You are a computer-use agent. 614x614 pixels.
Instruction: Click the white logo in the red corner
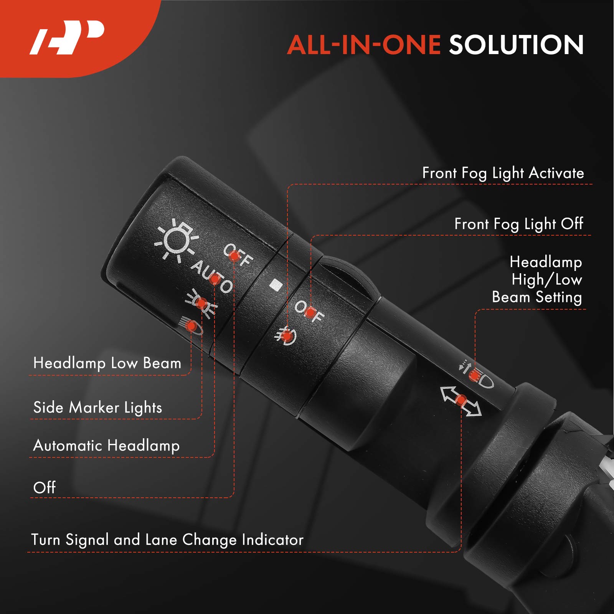click(68, 37)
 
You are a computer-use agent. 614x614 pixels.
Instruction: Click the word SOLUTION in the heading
click(517, 45)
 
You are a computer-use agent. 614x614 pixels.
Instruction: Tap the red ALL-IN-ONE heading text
click(364, 45)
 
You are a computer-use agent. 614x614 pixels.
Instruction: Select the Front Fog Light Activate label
click(503, 173)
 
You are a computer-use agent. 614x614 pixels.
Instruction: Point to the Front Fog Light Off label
click(519, 224)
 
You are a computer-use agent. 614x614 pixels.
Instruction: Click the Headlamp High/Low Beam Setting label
click(537, 280)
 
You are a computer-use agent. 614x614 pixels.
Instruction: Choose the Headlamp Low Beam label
click(107, 363)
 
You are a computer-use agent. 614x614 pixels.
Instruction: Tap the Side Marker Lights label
click(97, 408)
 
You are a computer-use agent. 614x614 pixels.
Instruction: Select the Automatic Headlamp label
click(106, 446)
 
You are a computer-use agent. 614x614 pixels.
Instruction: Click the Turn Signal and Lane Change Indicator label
click(167, 540)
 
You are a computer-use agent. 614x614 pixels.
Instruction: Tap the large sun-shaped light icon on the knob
click(176, 240)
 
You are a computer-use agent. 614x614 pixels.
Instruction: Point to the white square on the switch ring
click(276, 285)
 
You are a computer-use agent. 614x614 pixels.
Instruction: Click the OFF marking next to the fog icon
click(309, 311)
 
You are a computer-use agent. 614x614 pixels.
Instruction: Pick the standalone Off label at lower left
click(45, 487)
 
